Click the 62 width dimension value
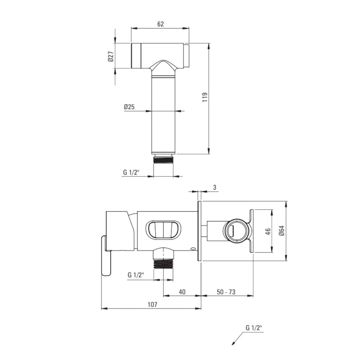[x=161, y=24]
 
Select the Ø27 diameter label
[x=111, y=56]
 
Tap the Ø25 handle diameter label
[x=129, y=107]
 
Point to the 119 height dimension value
[x=205, y=97]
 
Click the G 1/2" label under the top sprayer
[x=131, y=172]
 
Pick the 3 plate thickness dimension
[x=215, y=187]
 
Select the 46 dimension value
[x=268, y=231]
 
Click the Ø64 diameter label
[x=282, y=231]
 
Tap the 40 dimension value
[x=182, y=292]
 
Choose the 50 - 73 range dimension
[x=226, y=292]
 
